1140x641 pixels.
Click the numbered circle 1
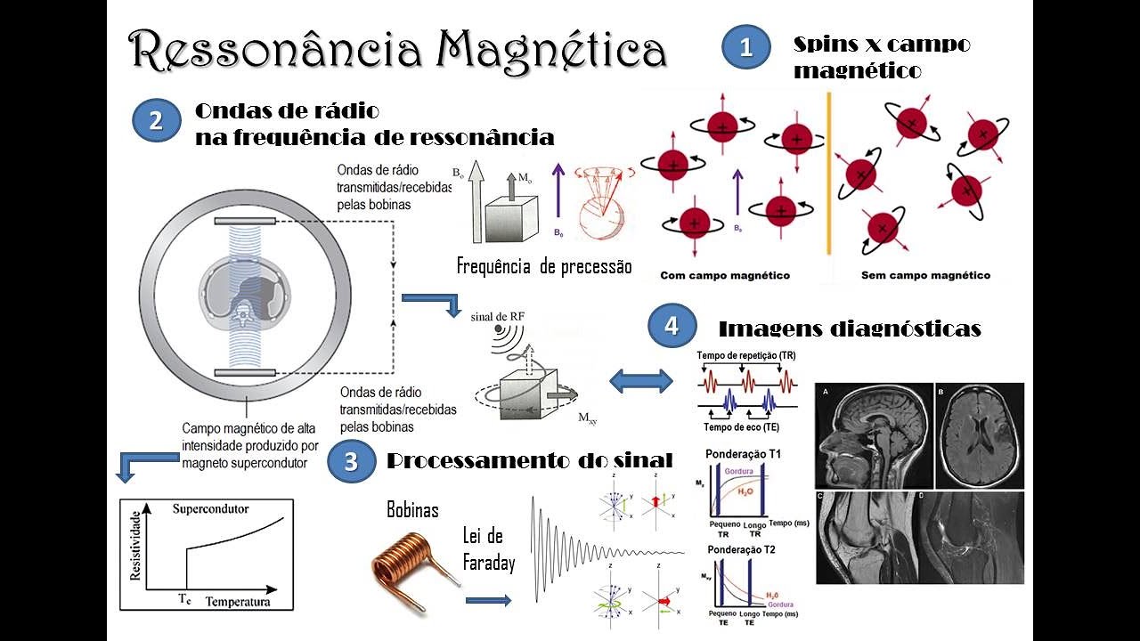click(x=746, y=47)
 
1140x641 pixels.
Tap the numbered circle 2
click(x=157, y=121)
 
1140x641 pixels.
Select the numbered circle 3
click(x=351, y=461)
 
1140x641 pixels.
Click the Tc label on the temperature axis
click(x=185, y=600)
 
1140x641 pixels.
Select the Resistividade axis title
click(x=136, y=545)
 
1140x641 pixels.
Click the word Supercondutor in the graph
click(x=210, y=509)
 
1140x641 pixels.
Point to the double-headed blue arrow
click(x=641, y=381)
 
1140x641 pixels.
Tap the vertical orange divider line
click(x=829, y=173)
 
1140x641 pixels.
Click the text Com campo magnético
click(x=725, y=276)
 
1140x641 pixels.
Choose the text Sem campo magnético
click(x=925, y=276)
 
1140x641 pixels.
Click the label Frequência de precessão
click(x=543, y=265)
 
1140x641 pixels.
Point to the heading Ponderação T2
click(x=740, y=549)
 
